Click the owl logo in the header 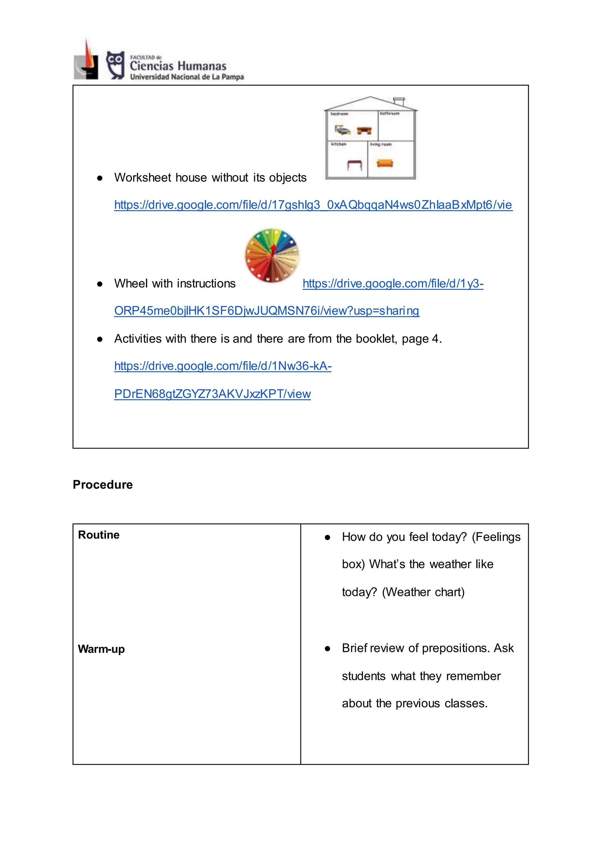115,65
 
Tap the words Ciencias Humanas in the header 178,66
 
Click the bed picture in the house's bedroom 342,130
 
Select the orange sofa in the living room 385,163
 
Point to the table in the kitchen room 354,164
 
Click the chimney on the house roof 399,101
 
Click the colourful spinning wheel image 272,255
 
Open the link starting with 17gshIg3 313,205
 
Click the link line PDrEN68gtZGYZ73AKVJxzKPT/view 212,394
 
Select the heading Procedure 103,484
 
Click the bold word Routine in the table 99,535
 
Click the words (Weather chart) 423,592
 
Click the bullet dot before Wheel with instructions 99,284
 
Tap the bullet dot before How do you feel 327,538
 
